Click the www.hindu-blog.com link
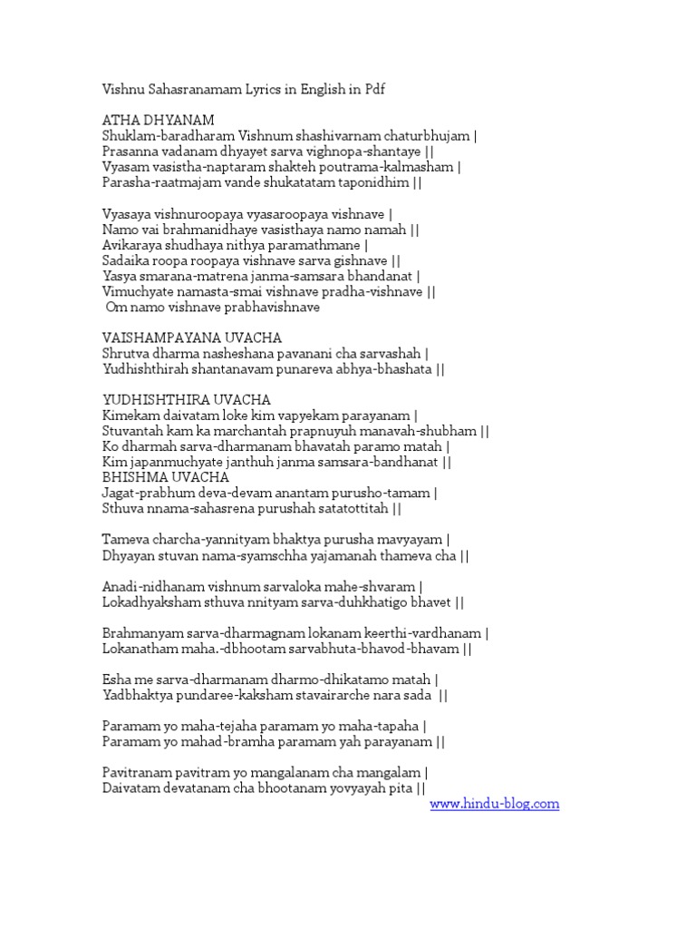(494, 804)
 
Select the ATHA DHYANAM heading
(158, 120)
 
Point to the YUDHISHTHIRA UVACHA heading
(187, 399)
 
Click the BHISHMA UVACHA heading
(166, 477)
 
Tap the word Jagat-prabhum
(146, 493)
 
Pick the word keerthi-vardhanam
(426, 633)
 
